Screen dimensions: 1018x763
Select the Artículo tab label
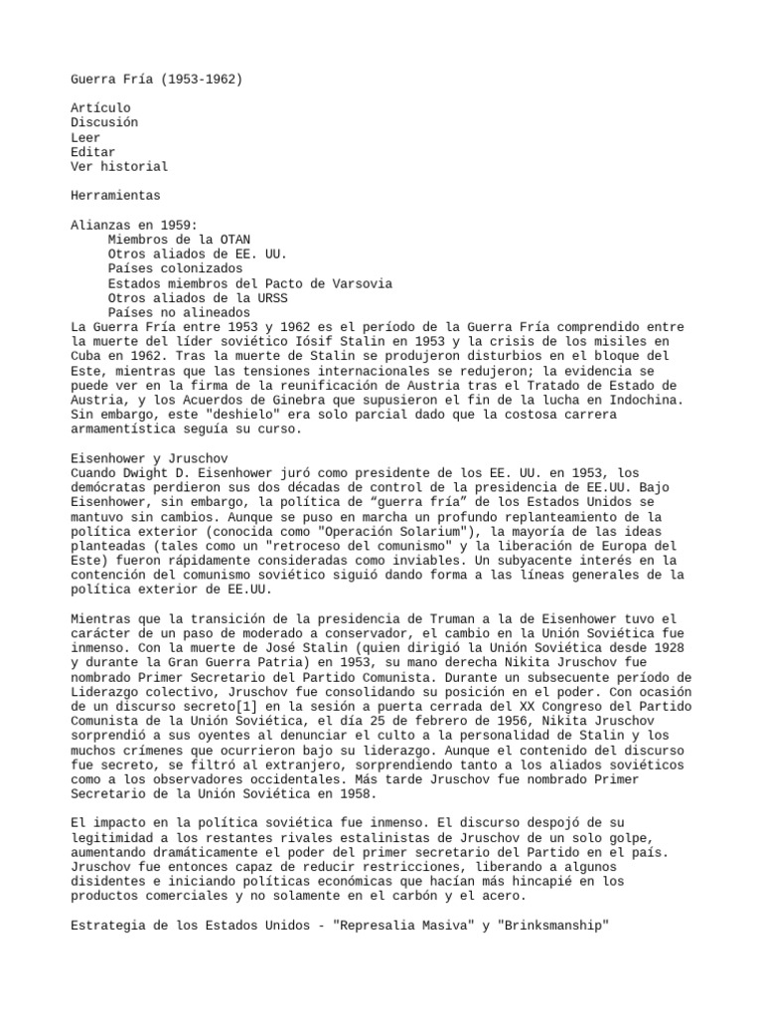[100, 107]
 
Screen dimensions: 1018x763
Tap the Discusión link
[104, 122]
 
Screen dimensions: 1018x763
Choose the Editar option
[93, 152]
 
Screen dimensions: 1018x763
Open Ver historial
[119, 167]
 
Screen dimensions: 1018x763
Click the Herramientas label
[115, 196]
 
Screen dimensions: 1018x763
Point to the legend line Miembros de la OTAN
[179, 240]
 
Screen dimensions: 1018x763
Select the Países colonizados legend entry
[175, 268]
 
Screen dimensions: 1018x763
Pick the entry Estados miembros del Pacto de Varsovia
[249, 283]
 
